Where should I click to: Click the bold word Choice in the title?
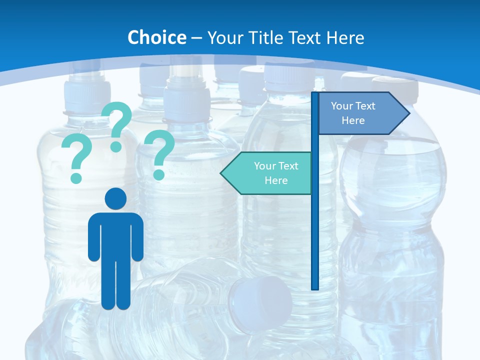click(x=156, y=37)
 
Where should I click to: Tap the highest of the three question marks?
click(x=117, y=122)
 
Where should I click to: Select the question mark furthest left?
click(x=76, y=155)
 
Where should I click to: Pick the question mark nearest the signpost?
click(x=159, y=152)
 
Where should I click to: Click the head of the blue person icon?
click(x=115, y=199)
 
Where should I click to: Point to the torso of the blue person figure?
click(x=115, y=235)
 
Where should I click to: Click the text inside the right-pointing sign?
click(x=353, y=113)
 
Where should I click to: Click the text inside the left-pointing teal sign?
click(x=275, y=173)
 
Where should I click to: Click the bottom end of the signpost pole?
click(x=315, y=287)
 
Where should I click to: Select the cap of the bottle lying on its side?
click(x=260, y=302)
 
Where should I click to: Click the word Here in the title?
click(x=345, y=37)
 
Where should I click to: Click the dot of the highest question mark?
click(x=116, y=146)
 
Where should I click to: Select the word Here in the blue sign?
click(x=353, y=120)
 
